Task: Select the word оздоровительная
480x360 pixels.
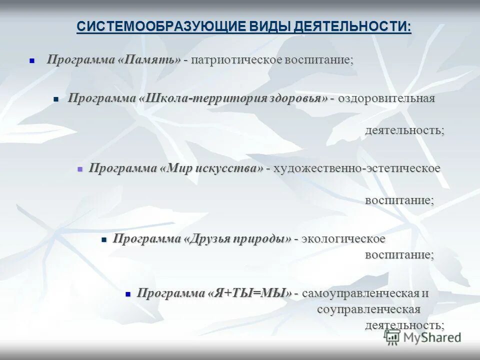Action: click(x=386, y=98)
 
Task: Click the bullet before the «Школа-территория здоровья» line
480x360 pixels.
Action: click(x=56, y=99)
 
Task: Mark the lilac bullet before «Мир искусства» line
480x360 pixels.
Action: click(x=79, y=169)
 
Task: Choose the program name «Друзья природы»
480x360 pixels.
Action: click(x=237, y=238)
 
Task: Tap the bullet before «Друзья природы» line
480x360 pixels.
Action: click(x=104, y=239)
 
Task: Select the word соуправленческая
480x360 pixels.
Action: click(x=368, y=309)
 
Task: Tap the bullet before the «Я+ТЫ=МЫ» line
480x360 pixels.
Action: click(x=128, y=293)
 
